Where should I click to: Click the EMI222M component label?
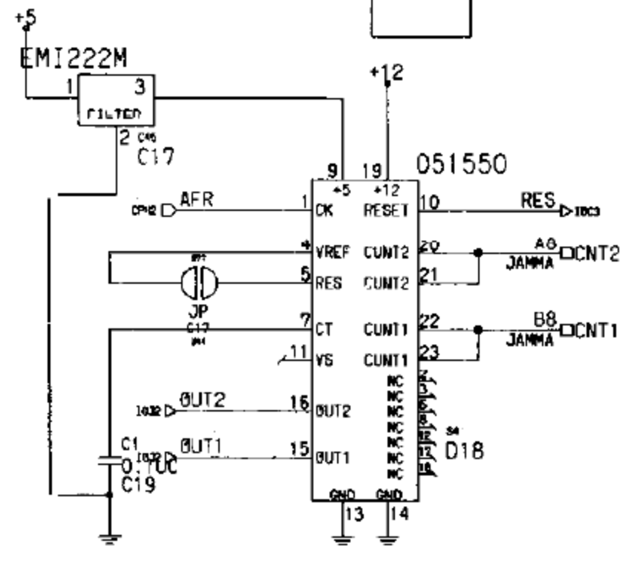[x=73, y=59]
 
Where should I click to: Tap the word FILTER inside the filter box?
[x=114, y=114]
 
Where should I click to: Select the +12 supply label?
[x=387, y=72]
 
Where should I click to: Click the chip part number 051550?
[x=461, y=164]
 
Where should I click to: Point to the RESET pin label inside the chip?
[x=386, y=210]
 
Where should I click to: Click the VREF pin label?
[x=333, y=253]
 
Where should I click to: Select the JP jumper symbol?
[x=200, y=283]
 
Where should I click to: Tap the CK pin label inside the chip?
[x=324, y=210]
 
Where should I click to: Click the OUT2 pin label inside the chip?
[x=332, y=411]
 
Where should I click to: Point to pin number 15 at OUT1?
[x=300, y=449]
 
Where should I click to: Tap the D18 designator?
[x=464, y=450]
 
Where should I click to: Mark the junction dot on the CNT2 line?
[x=477, y=253]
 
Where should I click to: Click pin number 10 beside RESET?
[x=428, y=201]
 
